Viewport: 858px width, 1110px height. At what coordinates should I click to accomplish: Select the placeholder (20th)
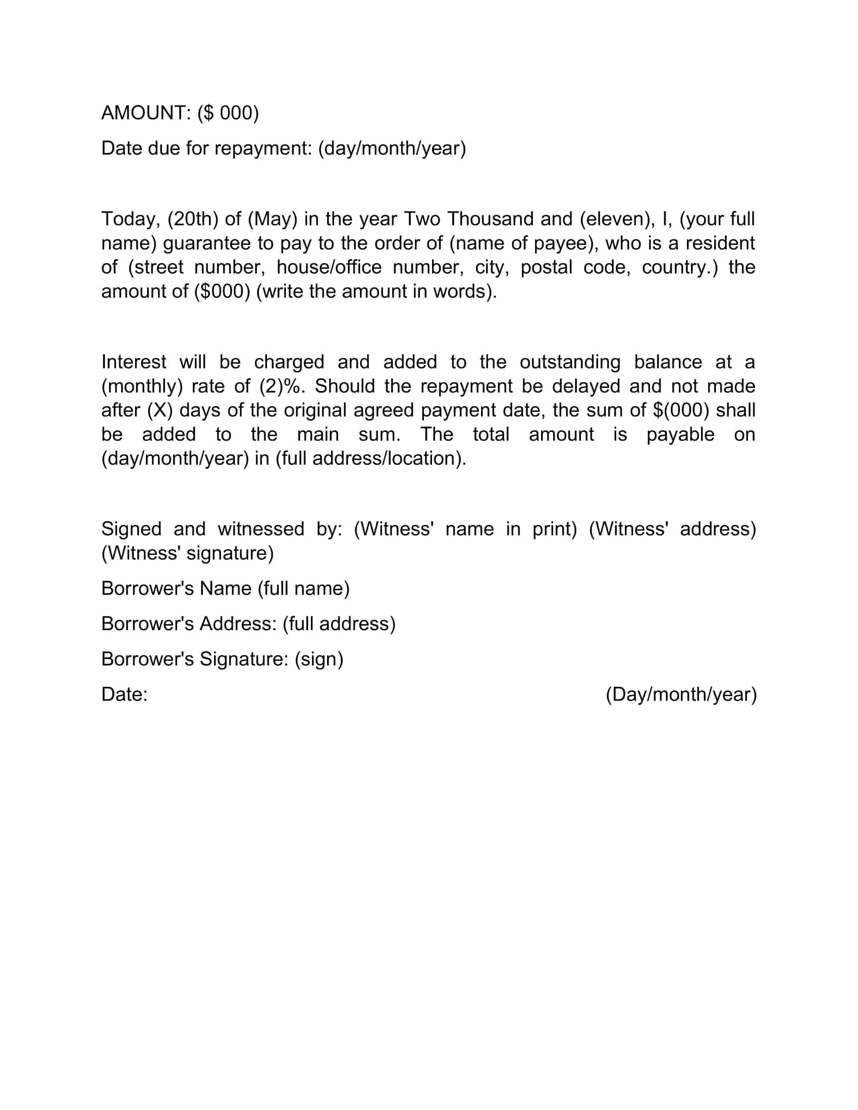pos(193,219)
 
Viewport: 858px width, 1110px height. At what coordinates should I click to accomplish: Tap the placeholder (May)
pos(272,219)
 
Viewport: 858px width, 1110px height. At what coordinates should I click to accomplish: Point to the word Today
pos(131,219)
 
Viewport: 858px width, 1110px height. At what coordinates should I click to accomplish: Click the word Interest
pos(134,362)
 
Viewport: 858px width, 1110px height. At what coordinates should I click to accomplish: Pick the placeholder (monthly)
pos(142,387)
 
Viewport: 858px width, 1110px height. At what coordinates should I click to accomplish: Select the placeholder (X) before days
pos(159,411)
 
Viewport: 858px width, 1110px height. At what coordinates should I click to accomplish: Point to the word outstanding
pos(570,362)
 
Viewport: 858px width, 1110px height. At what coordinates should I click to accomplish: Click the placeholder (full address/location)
pos(370,459)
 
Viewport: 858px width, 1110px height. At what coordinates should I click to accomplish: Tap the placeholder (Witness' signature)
pos(188,553)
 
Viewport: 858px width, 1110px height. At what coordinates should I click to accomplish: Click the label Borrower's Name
pos(176,588)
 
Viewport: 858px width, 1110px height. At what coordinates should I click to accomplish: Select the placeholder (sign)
pos(318,659)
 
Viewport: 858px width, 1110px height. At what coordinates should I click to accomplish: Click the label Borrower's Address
pos(188,624)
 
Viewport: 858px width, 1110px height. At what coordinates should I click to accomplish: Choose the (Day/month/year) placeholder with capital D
pos(681,695)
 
